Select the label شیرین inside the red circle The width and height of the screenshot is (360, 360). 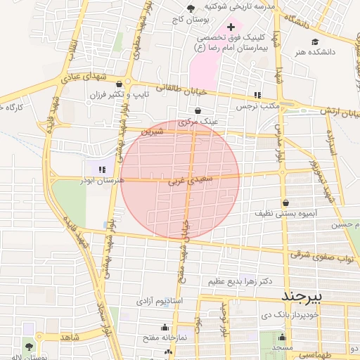(152, 131)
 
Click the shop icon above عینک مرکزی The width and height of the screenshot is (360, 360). (197, 110)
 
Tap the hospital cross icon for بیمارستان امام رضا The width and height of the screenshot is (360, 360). (231, 26)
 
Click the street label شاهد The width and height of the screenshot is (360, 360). (66, 337)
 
